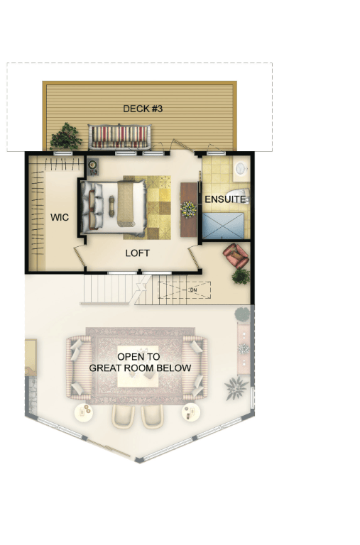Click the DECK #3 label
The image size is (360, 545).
click(143, 109)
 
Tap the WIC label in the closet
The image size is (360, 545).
click(60, 218)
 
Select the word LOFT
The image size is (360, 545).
click(137, 253)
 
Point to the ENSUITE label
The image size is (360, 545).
click(225, 199)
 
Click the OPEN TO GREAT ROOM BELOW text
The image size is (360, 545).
click(140, 362)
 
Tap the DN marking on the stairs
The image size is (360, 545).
click(193, 290)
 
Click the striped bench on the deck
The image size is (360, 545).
click(120, 136)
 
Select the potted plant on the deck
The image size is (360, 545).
click(65, 136)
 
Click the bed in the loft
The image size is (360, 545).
click(114, 207)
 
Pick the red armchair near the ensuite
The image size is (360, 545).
click(236, 255)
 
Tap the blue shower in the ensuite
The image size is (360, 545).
click(223, 226)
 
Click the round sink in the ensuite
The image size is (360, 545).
click(241, 169)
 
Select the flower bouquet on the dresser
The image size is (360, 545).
click(188, 209)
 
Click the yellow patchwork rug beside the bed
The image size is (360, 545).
click(158, 207)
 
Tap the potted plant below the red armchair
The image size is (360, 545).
click(241, 277)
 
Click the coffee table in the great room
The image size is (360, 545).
click(138, 366)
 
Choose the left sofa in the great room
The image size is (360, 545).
click(80, 367)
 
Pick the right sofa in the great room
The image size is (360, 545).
click(195, 367)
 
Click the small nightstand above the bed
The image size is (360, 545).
click(93, 167)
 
